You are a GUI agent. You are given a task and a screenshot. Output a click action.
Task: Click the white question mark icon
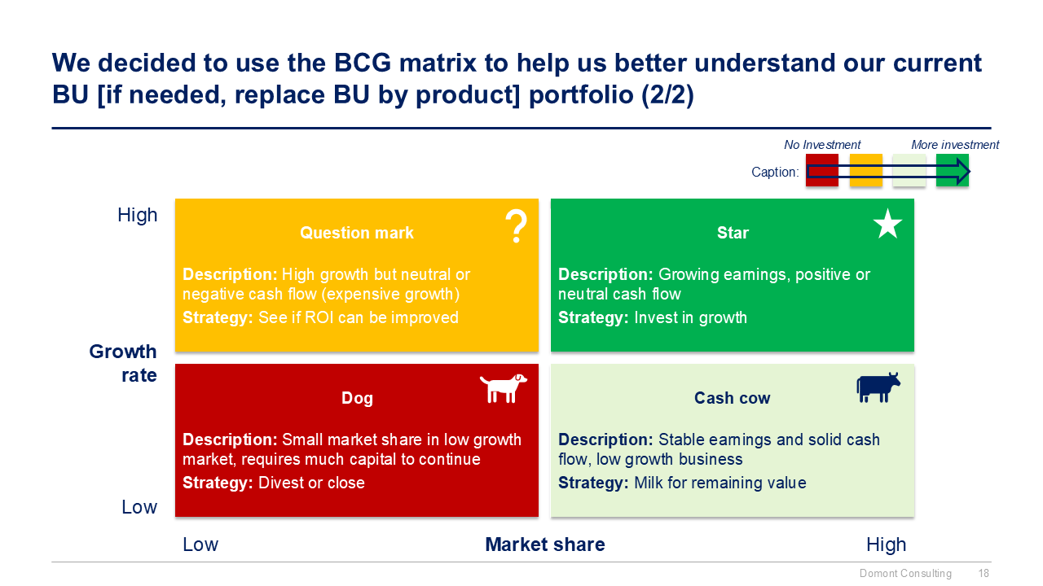[x=516, y=226]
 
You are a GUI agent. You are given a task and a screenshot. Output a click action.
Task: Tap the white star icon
[x=887, y=224]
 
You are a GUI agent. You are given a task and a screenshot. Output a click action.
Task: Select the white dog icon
[x=503, y=388]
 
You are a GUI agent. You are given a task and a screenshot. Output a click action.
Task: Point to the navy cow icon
[x=878, y=387]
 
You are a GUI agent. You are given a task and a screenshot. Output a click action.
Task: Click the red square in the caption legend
[x=821, y=171]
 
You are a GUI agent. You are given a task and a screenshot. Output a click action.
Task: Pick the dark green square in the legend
[x=952, y=171]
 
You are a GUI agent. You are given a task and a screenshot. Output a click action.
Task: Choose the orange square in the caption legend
[x=865, y=171]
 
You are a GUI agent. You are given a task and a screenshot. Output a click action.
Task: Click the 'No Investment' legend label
[x=822, y=145]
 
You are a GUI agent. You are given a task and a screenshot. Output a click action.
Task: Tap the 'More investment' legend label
[x=955, y=145]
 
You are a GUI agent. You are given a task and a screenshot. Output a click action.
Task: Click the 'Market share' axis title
[x=545, y=544]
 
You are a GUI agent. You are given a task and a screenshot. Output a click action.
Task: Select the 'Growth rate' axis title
[x=123, y=363]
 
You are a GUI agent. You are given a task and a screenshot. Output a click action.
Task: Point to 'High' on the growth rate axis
[x=138, y=215]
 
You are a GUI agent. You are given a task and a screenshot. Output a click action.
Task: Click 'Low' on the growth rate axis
[x=139, y=507]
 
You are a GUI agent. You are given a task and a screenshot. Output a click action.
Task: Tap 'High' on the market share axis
[x=886, y=544]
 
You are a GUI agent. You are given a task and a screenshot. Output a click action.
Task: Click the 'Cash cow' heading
[x=732, y=398]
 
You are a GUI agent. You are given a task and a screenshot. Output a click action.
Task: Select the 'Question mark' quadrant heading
[x=357, y=233]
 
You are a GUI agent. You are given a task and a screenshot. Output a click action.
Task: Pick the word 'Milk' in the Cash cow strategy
[x=649, y=483]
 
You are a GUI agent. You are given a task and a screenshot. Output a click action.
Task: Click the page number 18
[x=984, y=574]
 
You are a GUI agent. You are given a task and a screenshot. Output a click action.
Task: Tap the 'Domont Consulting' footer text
[x=905, y=574]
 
